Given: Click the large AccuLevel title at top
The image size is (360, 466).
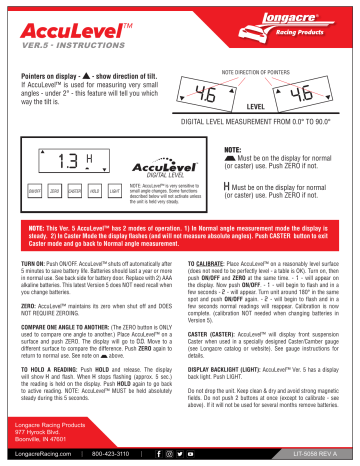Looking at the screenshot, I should pyautogui.click(x=76, y=23).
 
